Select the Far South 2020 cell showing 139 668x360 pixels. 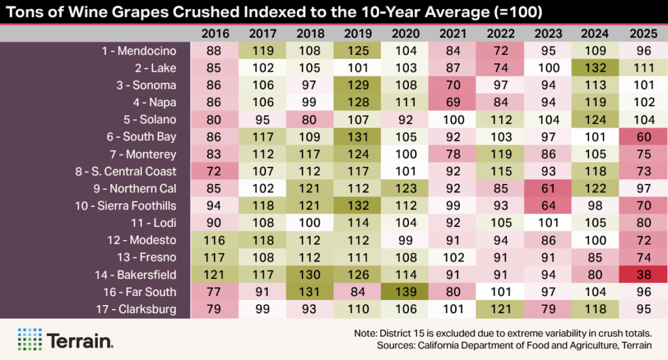(404, 292)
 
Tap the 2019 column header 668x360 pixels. (357, 33)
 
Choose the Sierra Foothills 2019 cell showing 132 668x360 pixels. (357, 205)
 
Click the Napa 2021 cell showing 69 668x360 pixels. (452, 102)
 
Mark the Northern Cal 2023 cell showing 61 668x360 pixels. (547, 188)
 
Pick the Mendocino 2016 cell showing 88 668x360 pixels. (214, 51)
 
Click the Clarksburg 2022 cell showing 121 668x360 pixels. (500, 309)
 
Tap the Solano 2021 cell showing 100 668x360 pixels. (452, 120)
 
